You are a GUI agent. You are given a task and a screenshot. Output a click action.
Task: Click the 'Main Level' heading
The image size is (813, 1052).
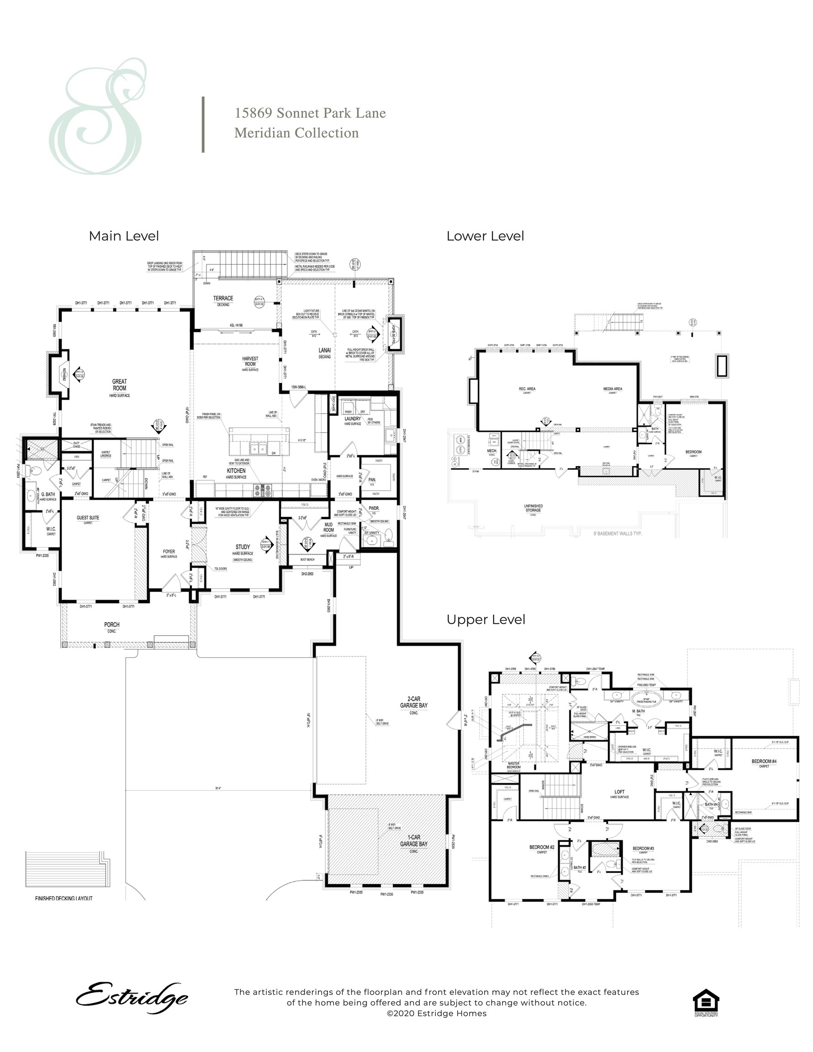124,236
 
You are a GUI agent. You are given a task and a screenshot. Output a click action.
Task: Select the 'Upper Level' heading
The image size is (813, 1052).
486,620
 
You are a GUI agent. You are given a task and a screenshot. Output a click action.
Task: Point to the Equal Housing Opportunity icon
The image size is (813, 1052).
706,1002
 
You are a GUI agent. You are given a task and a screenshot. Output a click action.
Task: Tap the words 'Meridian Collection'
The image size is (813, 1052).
296,133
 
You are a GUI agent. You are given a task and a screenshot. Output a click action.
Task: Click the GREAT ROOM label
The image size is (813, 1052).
120,385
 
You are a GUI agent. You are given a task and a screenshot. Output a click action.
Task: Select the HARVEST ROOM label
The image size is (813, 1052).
250,361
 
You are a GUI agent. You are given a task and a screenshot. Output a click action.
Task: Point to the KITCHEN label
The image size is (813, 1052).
236,471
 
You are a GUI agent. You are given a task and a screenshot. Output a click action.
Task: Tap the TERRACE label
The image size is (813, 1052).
223,299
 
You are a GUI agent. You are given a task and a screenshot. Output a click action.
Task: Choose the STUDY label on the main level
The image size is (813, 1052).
243,547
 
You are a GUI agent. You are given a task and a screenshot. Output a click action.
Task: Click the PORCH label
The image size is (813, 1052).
112,625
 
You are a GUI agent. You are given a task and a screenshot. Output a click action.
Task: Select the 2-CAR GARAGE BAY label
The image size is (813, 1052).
413,702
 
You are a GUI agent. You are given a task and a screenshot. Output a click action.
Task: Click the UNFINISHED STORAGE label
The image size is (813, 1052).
533,508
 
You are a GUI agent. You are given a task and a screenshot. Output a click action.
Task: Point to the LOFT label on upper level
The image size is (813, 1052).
619,792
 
